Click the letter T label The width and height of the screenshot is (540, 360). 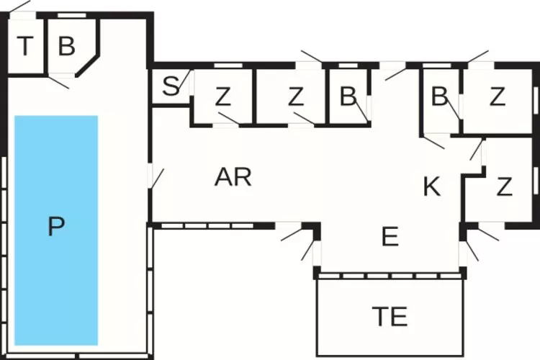tap(25, 48)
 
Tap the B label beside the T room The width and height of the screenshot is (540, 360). tap(66, 48)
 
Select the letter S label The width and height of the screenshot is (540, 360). tap(170, 87)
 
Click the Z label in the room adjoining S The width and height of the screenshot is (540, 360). tap(222, 97)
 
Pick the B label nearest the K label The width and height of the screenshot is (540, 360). tap(439, 97)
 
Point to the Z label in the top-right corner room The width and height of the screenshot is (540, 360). tap(497, 97)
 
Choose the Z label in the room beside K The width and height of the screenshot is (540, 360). tap(504, 187)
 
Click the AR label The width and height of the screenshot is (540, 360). tap(233, 177)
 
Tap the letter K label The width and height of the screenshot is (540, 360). tap(431, 187)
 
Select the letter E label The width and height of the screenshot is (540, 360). tap(390, 238)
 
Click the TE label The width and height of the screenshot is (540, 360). tap(390, 315)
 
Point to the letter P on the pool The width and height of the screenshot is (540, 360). tap(55, 228)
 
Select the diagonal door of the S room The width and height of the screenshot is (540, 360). tap(186, 78)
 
